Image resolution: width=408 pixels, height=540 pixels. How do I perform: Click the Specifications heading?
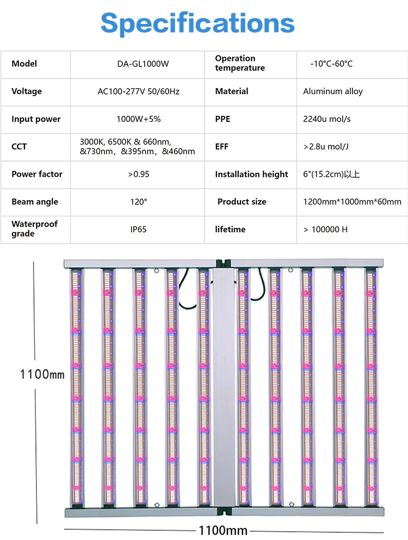point(197,23)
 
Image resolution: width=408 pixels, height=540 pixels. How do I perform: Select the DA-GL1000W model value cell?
point(137,64)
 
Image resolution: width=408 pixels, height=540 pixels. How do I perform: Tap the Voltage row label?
point(27,91)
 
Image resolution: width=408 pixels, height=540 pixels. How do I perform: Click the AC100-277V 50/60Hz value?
point(138,91)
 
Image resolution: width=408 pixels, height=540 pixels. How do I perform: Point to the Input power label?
point(36,119)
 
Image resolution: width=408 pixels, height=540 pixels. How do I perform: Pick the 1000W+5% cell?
point(138,119)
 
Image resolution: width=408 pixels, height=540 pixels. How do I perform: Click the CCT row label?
point(19,147)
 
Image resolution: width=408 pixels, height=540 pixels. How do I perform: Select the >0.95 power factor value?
point(138,175)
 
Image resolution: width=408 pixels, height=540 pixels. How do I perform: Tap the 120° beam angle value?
point(138,202)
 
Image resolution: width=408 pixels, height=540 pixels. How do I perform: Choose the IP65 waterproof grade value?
point(138,229)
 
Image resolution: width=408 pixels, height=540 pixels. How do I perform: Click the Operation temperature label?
point(240,63)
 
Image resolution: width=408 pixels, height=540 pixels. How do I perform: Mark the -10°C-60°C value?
point(331,64)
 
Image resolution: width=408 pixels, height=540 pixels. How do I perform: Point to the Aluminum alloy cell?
point(333,91)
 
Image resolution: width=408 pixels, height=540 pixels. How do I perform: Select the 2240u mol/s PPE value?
point(327,119)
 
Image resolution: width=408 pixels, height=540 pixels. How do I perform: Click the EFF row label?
point(222,147)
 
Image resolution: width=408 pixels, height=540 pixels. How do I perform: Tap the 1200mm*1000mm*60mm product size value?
point(352,202)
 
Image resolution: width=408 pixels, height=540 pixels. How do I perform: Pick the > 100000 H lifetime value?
point(325,229)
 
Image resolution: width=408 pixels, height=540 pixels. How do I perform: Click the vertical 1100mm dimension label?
point(42,374)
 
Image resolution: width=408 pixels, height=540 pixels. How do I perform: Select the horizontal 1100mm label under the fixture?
point(223,530)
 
